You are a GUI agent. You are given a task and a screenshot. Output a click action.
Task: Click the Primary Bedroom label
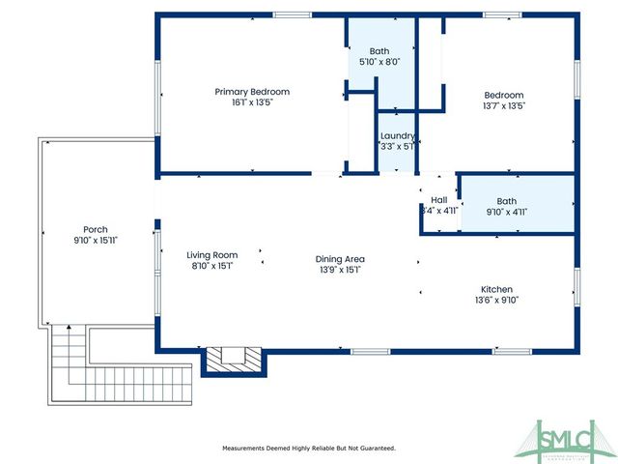pyautogui.click(x=251, y=92)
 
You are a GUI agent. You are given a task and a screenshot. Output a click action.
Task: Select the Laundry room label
pyautogui.click(x=397, y=136)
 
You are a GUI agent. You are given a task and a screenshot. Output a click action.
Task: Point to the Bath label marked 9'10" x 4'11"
pyautogui.click(x=506, y=201)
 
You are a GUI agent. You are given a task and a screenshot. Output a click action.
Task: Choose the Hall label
pyautogui.click(x=438, y=200)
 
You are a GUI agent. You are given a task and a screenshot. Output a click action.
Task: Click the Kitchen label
pyautogui.click(x=496, y=289)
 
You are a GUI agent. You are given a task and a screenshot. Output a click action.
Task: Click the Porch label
pyautogui.click(x=95, y=229)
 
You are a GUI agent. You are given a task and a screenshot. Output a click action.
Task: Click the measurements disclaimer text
pyautogui.click(x=309, y=449)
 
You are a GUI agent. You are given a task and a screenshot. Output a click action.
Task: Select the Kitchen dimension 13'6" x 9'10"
pyautogui.click(x=496, y=301)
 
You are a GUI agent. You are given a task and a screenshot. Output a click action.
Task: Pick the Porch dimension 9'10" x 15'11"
pyautogui.click(x=95, y=240)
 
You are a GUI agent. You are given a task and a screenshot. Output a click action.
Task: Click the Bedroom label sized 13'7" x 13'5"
pyautogui.click(x=503, y=95)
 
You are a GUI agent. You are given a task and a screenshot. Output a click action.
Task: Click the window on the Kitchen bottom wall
pyautogui.click(x=511, y=351)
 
